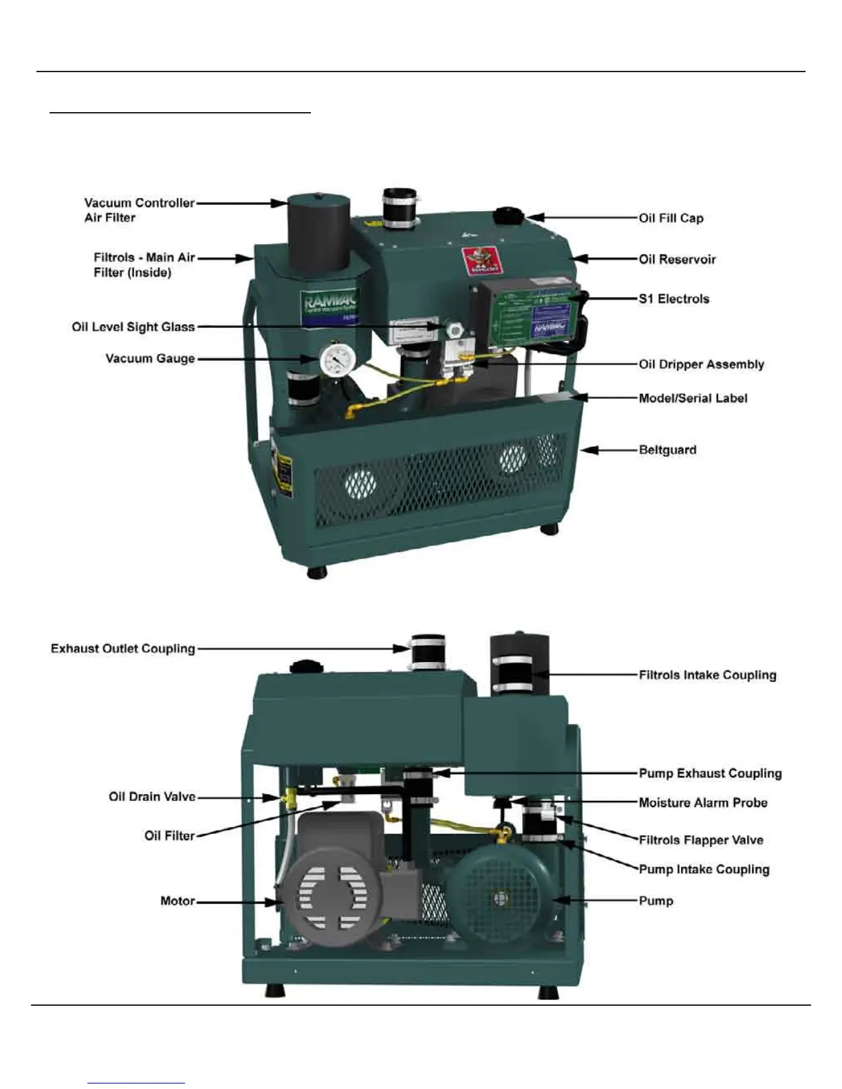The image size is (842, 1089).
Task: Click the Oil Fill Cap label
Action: [671, 218]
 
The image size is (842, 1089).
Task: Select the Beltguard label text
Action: [667, 450]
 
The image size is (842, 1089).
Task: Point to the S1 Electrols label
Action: [673, 298]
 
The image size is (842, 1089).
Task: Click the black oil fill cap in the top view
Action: [509, 214]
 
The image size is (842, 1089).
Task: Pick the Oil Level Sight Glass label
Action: [133, 327]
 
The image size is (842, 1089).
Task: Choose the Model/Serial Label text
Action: [693, 398]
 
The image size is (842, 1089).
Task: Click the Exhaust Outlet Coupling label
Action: [123, 648]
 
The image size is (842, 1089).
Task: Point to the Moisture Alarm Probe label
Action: [702, 802]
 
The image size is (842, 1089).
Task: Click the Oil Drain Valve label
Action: [152, 796]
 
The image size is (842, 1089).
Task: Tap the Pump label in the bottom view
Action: [656, 901]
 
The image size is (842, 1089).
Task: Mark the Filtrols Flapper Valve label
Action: [700, 839]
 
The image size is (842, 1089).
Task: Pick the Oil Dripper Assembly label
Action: [701, 364]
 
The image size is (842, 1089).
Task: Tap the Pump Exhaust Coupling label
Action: [710, 773]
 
